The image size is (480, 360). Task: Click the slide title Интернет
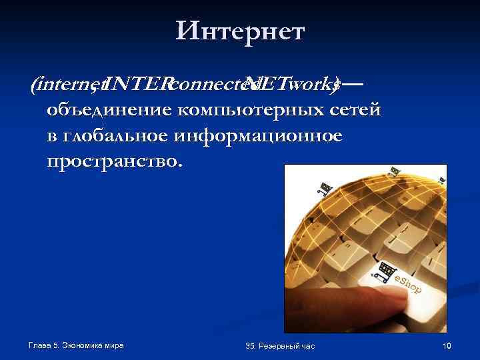point(240,30)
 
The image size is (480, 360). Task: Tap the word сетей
point(357,109)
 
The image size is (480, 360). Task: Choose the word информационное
point(267,136)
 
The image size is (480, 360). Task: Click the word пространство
point(113,162)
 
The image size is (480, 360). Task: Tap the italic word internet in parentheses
point(63,85)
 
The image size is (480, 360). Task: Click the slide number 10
point(447,345)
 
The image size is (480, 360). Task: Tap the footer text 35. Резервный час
point(280,345)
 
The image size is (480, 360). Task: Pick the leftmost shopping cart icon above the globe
point(326,189)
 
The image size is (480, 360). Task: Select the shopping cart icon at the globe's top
point(395,171)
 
